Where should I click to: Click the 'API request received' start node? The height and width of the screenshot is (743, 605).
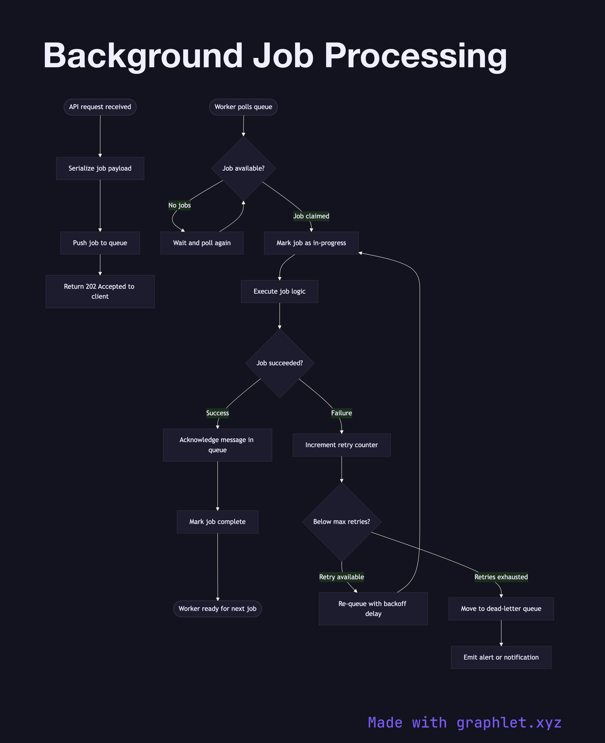pos(100,107)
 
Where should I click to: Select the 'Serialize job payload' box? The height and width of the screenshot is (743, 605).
pos(100,168)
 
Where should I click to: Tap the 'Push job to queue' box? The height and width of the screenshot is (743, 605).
pos(100,243)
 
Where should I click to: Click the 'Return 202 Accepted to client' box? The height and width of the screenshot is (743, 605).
pos(100,291)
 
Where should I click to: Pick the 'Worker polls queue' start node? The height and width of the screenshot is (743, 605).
pos(243,107)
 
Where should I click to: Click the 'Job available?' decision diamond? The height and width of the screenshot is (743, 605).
pos(243,168)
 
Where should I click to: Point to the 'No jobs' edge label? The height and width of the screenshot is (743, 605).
pos(180,205)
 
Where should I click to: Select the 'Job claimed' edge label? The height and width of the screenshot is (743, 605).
pos(311,216)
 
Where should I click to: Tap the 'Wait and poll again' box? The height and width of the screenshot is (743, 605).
pos(202,243)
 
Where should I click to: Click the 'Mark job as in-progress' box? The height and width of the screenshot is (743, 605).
pos(311,243)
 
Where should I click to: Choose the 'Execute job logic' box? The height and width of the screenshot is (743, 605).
pos(280,291)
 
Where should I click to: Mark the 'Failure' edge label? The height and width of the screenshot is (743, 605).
pos(342,413)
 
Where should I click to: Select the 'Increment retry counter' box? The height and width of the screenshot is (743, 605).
pos(342,445)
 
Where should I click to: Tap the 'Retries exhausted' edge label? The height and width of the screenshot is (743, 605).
pos(501,577)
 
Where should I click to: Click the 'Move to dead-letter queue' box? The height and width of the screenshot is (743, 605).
pos(501,609)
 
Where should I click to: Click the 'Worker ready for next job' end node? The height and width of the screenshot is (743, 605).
pos(217,609)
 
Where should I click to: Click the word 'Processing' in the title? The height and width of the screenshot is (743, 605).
pos(415,56)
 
